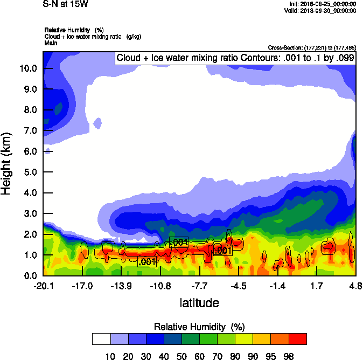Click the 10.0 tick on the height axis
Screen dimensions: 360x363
click(x=28, y=68)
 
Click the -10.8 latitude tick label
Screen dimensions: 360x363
click(x=160, y=286)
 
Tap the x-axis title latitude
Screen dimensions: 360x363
click(x=199, y=303)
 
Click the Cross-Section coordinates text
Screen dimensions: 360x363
click(x=311, y=47)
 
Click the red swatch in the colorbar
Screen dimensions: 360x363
click(x=298, y=338)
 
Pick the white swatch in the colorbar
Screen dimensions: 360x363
click(x=101, y=338)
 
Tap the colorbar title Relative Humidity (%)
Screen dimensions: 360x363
click(x=199, y=327)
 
